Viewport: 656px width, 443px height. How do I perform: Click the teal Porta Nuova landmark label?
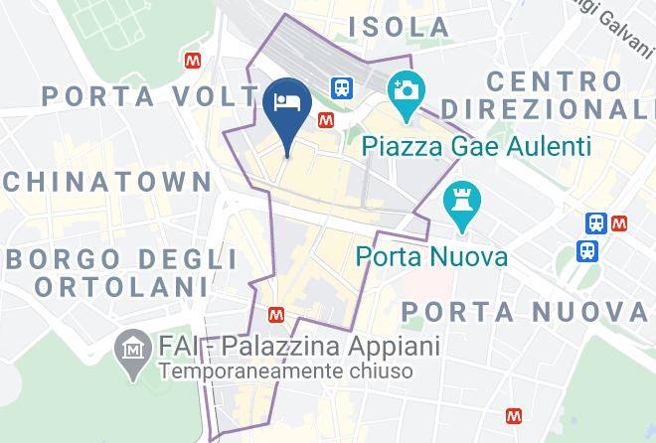click(432, 257)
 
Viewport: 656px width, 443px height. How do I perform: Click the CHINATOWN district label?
click(107, 181)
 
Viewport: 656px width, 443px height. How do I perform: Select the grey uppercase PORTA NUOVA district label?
click(526, 312)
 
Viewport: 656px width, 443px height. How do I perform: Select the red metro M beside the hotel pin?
click(324, 119)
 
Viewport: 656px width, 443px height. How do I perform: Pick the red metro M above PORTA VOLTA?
click(192, 61)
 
